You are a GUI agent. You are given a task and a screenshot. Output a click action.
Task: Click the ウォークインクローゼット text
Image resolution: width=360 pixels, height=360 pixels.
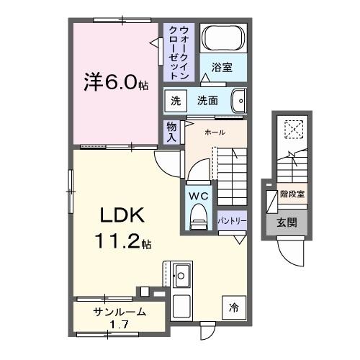[179, 53]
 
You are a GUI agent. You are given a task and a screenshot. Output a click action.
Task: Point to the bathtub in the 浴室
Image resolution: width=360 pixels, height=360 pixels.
[222, 38]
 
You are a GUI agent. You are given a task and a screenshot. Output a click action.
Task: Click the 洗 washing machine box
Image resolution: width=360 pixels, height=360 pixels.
[176, 102]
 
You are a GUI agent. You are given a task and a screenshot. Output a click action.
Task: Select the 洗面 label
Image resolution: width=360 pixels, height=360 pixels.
[208, 102]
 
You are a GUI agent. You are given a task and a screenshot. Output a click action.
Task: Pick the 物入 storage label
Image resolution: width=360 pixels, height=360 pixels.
[172, 132]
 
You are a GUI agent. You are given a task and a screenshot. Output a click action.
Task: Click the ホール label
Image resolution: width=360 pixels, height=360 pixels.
[214, 132]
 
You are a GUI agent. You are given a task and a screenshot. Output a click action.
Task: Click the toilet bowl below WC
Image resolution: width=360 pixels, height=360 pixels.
[197, 218]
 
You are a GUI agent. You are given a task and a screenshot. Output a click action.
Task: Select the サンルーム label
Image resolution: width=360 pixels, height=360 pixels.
[120, 312]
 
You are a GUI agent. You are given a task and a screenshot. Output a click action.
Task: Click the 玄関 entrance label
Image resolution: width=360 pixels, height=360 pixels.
[290, 222]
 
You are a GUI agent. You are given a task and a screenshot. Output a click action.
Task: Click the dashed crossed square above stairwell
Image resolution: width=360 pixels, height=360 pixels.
[294, 130]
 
